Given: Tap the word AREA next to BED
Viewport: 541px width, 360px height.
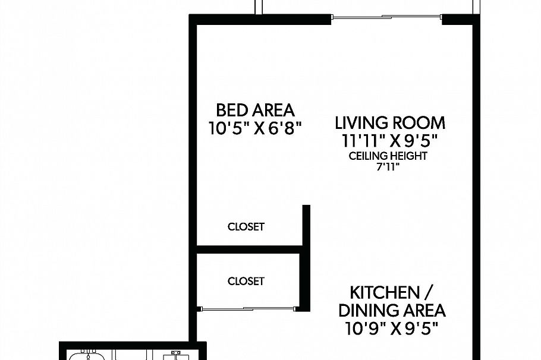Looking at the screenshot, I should [273, 110].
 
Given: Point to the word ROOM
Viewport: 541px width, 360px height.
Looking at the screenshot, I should [419, 124].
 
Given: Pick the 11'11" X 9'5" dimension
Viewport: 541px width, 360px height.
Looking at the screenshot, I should [389, 141].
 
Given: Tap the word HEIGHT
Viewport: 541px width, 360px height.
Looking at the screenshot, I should [409, 156].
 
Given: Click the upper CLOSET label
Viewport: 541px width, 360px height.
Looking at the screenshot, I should [246, 227].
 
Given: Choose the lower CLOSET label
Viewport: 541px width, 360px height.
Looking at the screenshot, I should [246, 281].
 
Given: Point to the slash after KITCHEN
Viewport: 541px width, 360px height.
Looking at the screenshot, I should [430, 293].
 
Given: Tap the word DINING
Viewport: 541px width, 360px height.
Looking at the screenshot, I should [364, 311].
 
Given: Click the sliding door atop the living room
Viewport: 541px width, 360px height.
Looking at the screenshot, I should [386, 17].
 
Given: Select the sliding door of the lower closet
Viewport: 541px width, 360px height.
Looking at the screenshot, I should [248, 308].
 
